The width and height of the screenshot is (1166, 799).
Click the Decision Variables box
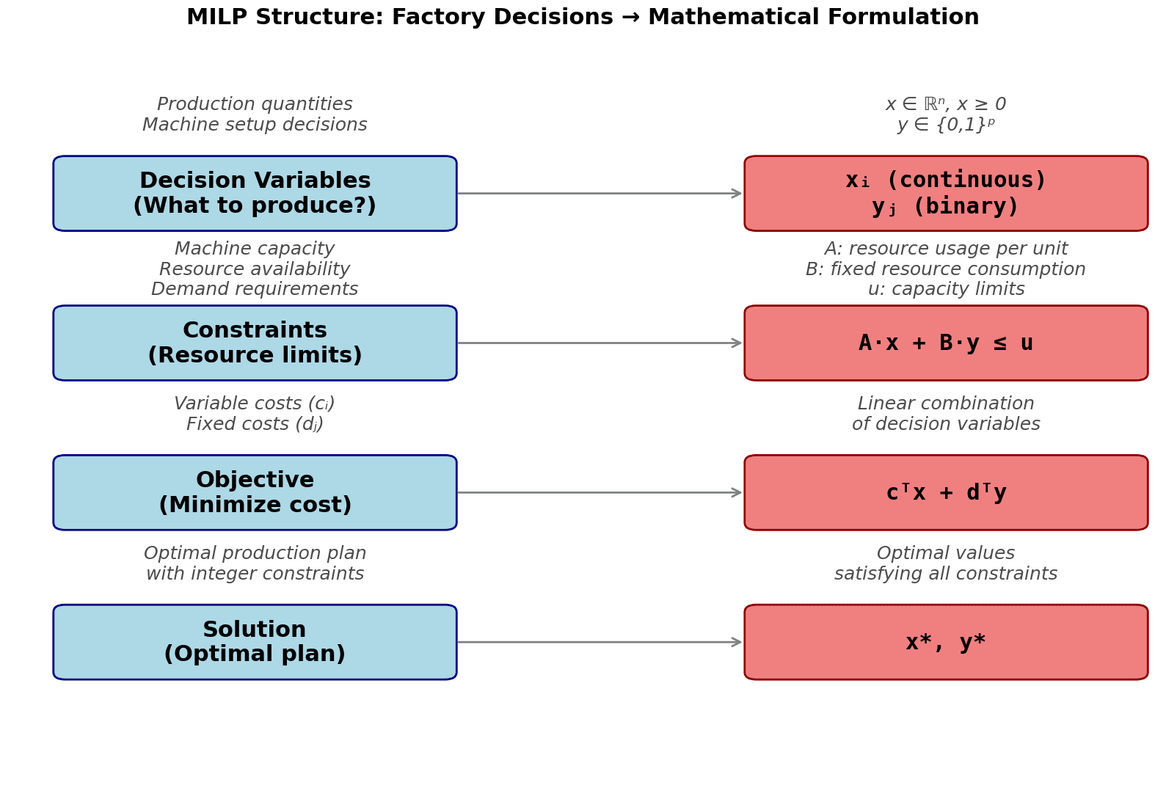pos(255,194)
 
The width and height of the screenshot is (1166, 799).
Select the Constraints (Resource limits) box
pos(255,343)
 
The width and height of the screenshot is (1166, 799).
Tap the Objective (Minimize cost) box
pos(255,493)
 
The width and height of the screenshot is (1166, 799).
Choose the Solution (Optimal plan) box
pos(255,642)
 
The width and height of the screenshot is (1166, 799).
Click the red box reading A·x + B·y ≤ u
pos(946,343)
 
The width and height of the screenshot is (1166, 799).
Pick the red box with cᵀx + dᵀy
pos(946,493)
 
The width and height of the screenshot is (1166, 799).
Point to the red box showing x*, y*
pos(946,642)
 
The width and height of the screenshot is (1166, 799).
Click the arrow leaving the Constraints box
pos(600,343)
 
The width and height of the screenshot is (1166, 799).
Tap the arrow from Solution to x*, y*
pos(600,642)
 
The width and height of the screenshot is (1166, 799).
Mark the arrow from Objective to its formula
pos(600,492)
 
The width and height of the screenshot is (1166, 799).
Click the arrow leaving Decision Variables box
pos(600,194)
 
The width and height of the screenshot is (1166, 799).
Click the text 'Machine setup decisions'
pos(255,125)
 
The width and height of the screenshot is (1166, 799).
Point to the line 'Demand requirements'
pos(255,290)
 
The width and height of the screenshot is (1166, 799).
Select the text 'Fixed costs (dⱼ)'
pos(255,425)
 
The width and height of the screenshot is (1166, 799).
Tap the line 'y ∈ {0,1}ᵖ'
pos(946,125)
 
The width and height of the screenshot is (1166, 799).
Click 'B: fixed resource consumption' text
pos(946,269)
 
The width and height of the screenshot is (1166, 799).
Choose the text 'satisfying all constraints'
pos(946,574)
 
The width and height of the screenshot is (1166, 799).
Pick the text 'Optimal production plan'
pos(255,554)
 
